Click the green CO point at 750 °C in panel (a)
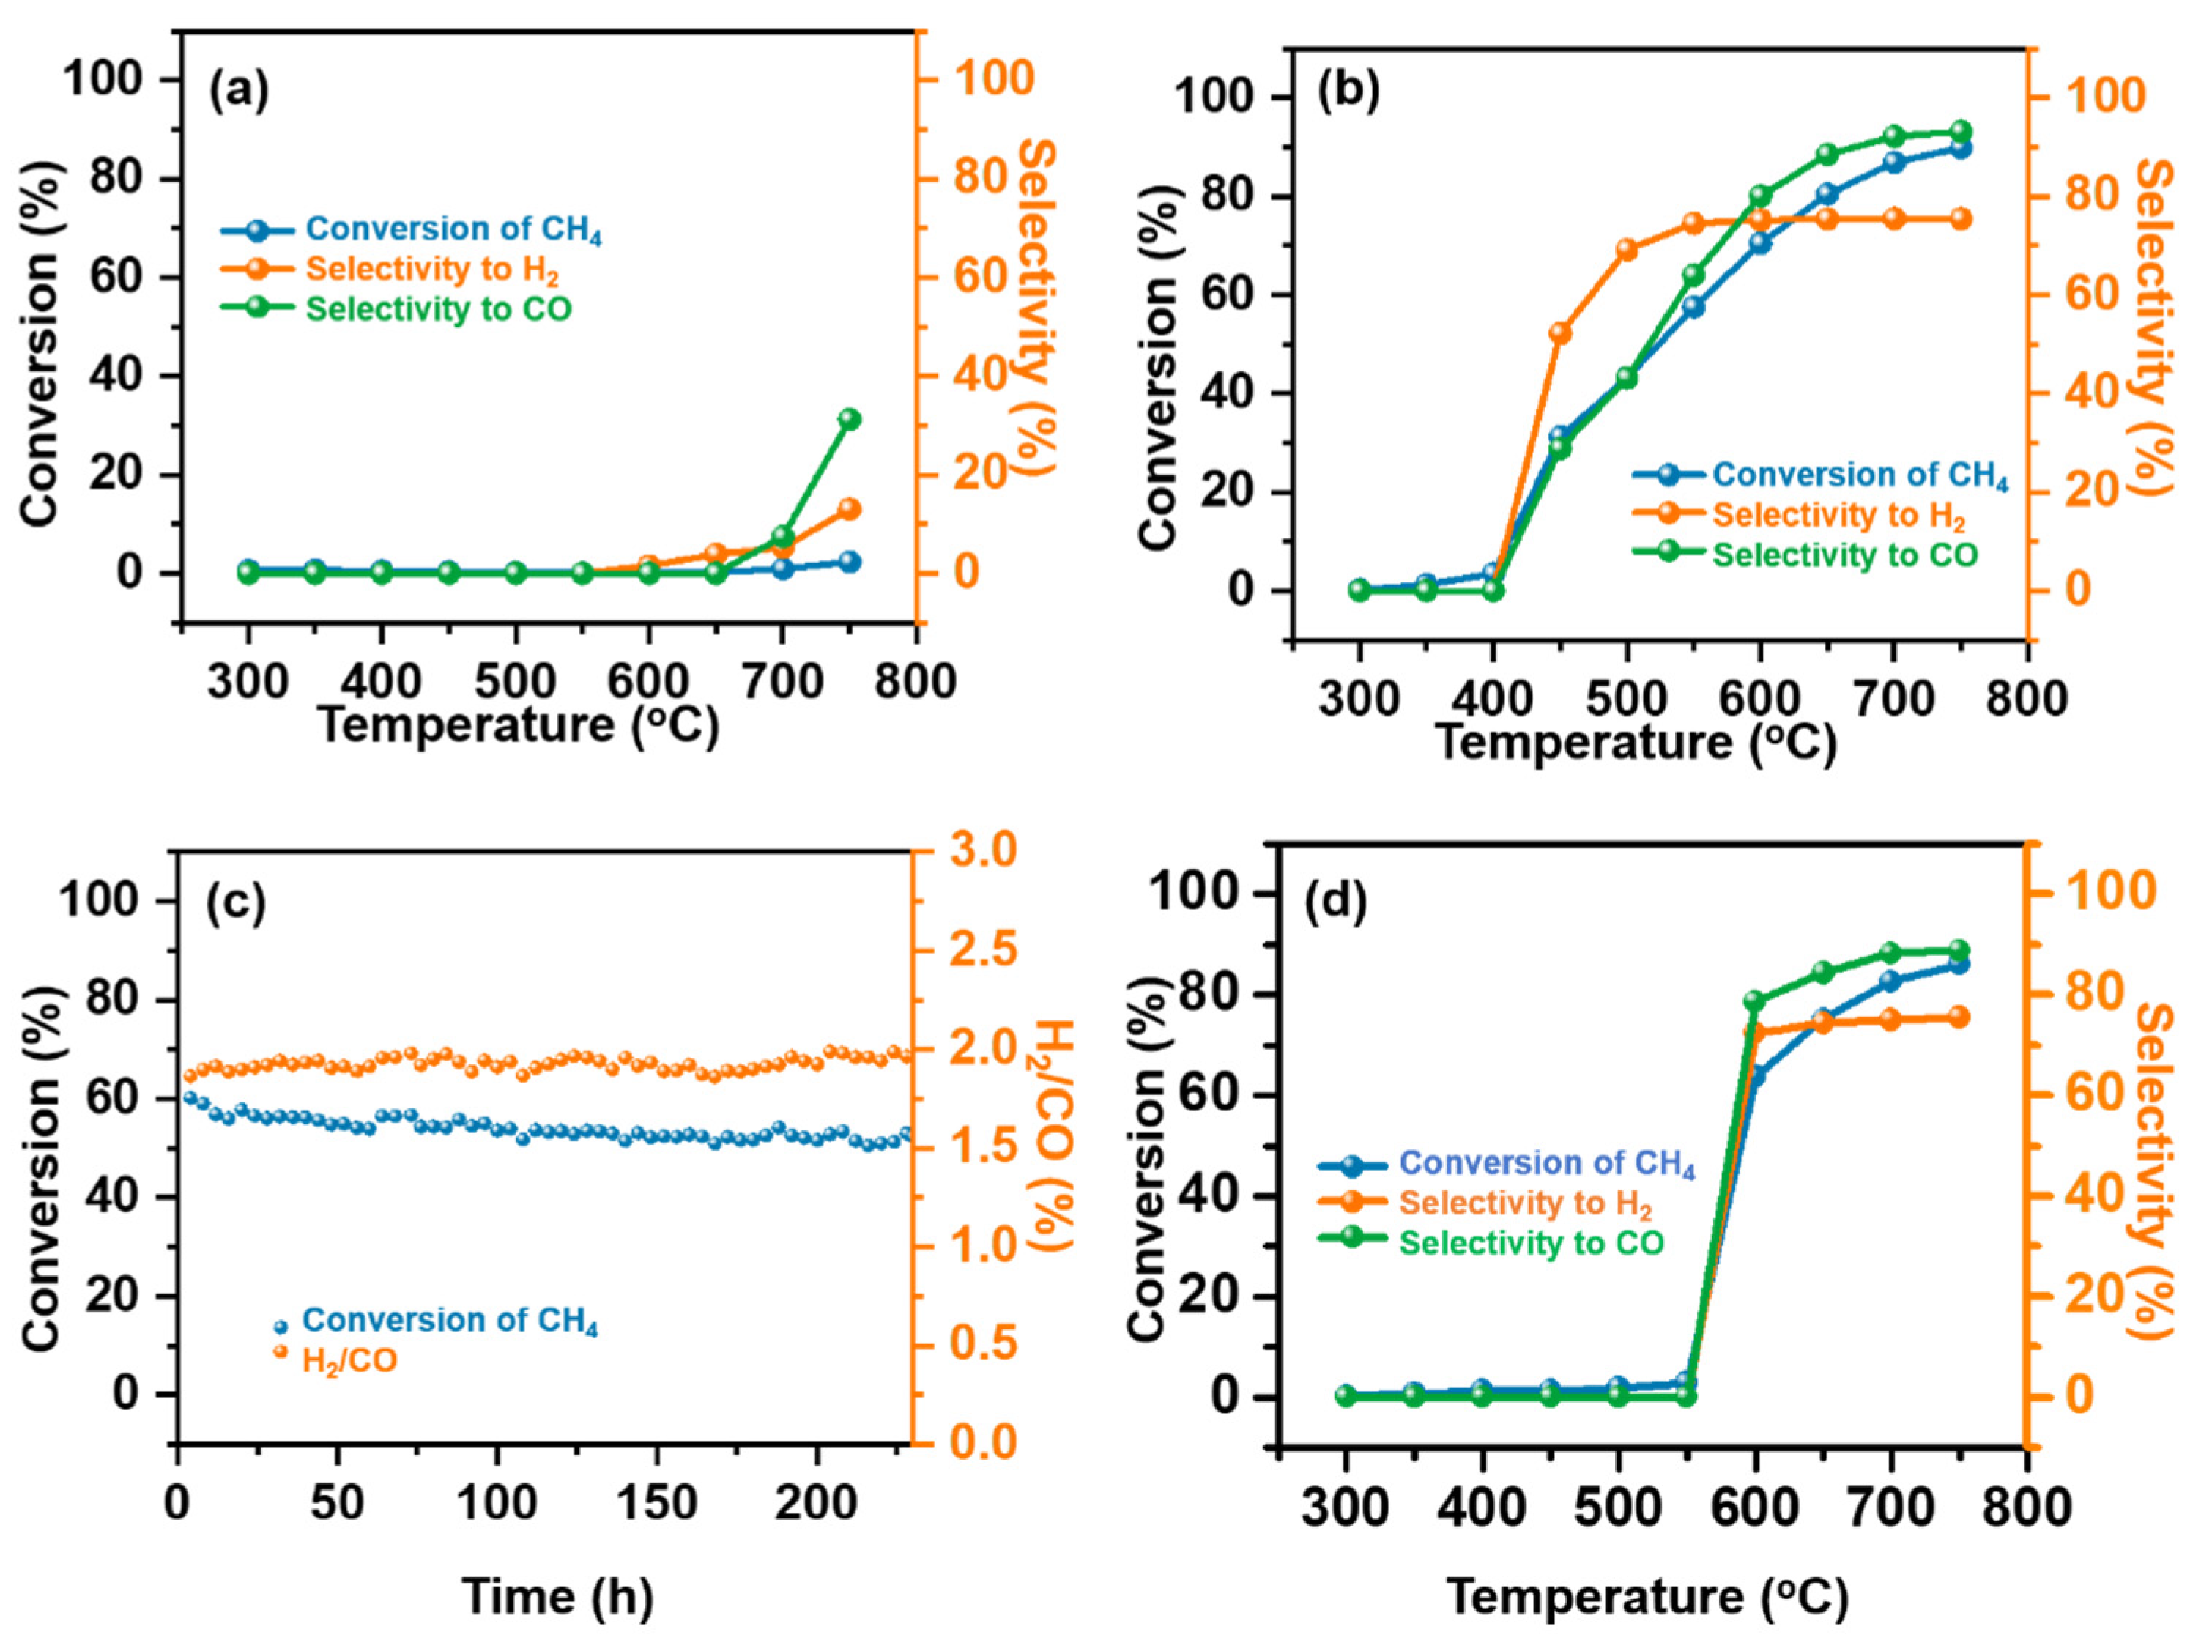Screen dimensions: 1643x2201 click(848, 419)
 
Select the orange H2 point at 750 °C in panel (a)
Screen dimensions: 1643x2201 click(848, 509)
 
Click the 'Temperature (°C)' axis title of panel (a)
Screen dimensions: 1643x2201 click(518, 726)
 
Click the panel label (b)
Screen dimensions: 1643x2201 click(1348, 92)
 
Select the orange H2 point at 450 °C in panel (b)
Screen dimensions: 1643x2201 click(1559, 333)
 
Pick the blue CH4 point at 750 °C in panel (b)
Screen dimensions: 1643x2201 click(1960, 148)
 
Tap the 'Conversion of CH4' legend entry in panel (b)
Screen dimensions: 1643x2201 click(1859, 475)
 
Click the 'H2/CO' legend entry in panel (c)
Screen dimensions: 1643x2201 click(349, 1360)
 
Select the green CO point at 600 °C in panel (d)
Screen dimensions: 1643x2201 click(1754, 1001)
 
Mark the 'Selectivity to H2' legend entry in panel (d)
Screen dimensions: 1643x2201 click(1525, 1203)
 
